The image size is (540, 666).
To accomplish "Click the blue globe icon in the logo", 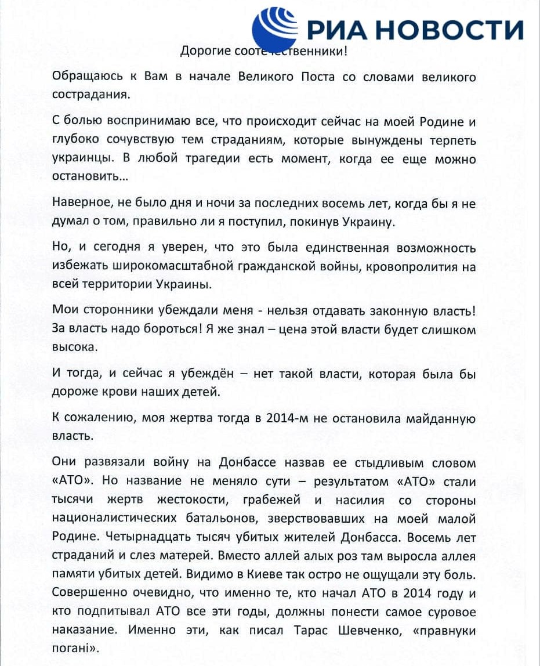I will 277,26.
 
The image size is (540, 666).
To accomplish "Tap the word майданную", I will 442,419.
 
